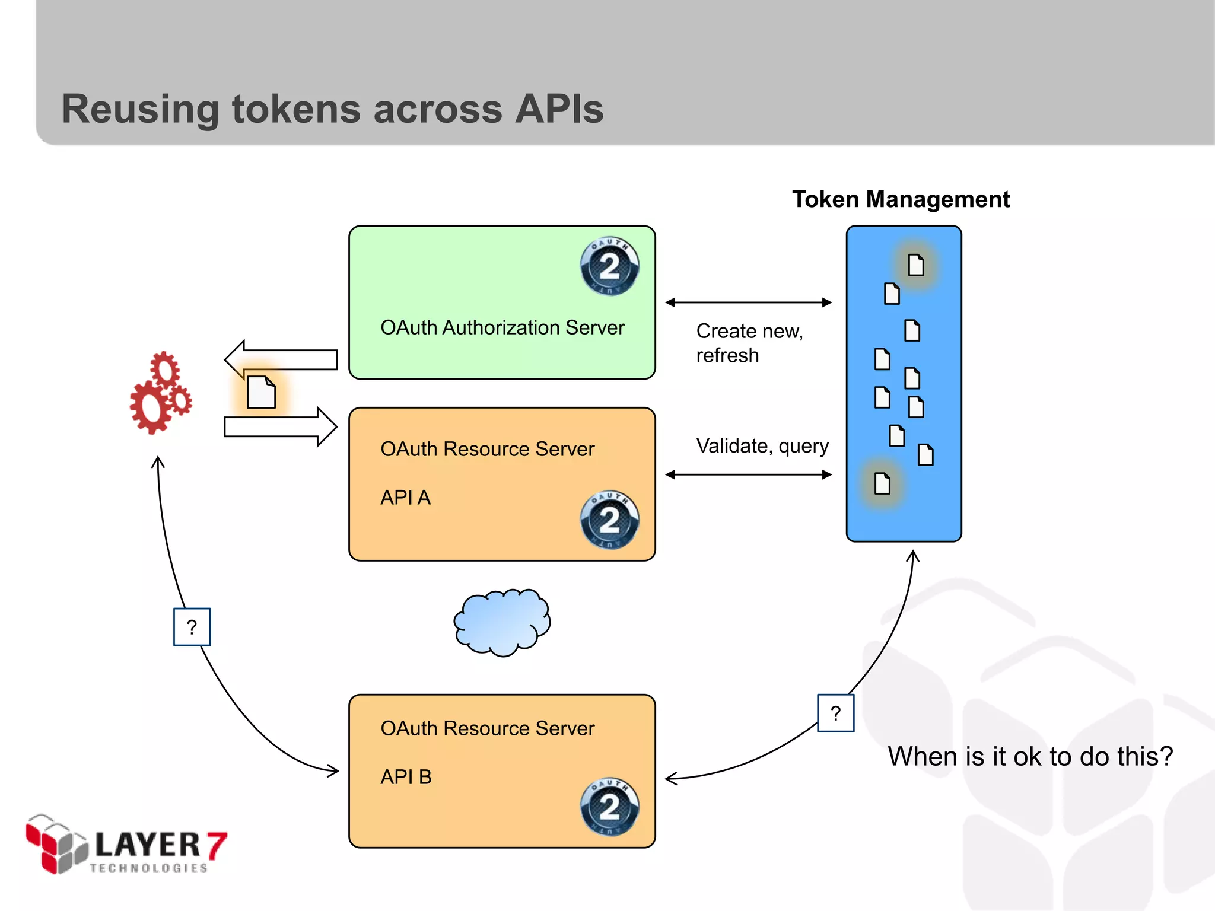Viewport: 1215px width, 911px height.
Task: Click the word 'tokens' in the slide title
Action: click(295, 109)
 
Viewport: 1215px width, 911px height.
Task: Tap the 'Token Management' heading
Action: click(901, 199)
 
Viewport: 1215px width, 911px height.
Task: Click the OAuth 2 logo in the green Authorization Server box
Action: click(609, 266)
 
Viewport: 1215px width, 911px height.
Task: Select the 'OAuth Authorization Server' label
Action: click(502, 327)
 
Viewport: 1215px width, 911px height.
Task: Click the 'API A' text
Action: click(405, 497)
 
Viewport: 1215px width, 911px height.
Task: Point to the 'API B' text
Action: click(406, 776)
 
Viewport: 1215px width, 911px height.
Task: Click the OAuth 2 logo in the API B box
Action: click(609, 807)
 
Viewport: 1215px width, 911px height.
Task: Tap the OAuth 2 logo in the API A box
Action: click(609, 520)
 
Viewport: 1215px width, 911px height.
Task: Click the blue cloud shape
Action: click(502, 622)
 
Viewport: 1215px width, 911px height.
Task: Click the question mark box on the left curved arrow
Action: click(192, 627)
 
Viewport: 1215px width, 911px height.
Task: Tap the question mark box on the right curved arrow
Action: click(835, 713)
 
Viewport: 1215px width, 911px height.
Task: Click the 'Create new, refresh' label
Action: click(749, 343)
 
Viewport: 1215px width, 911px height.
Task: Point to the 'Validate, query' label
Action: click(762, 445)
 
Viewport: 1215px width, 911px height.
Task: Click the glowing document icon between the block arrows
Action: click(261, 392)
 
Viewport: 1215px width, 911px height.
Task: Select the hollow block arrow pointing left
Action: click(280, 359)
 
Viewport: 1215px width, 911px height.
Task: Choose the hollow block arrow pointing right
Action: click(280, 426)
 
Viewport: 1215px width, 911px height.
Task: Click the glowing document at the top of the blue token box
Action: click(915, 265)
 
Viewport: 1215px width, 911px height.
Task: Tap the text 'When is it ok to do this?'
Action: click(1030, 756)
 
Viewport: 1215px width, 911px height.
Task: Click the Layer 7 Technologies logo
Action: click(126, 845)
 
